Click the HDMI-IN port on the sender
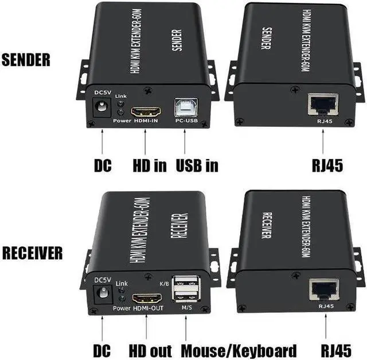tap(146, 112)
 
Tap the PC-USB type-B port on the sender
tap(186, 107)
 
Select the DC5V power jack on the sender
tap(102, 107)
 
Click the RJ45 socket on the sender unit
tap(323, 104)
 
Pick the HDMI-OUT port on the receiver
tap(147, 299)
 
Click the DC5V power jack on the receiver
tap(103, 294)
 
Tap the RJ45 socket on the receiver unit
tap(324, 289)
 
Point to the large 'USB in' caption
tap(197, 165)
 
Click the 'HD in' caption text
tap(150, 165)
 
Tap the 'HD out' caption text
tap(150, 351)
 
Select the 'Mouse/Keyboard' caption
tap(239, 351)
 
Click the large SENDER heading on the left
tap(26, 60)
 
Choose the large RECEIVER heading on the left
tap(32, 253)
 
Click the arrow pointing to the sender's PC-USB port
tap(185, 141)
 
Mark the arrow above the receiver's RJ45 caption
tap(326, 326)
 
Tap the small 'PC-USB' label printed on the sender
tap(186, 121)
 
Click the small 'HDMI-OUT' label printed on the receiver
tap(148, 308)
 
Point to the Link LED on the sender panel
tap(121, 103)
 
